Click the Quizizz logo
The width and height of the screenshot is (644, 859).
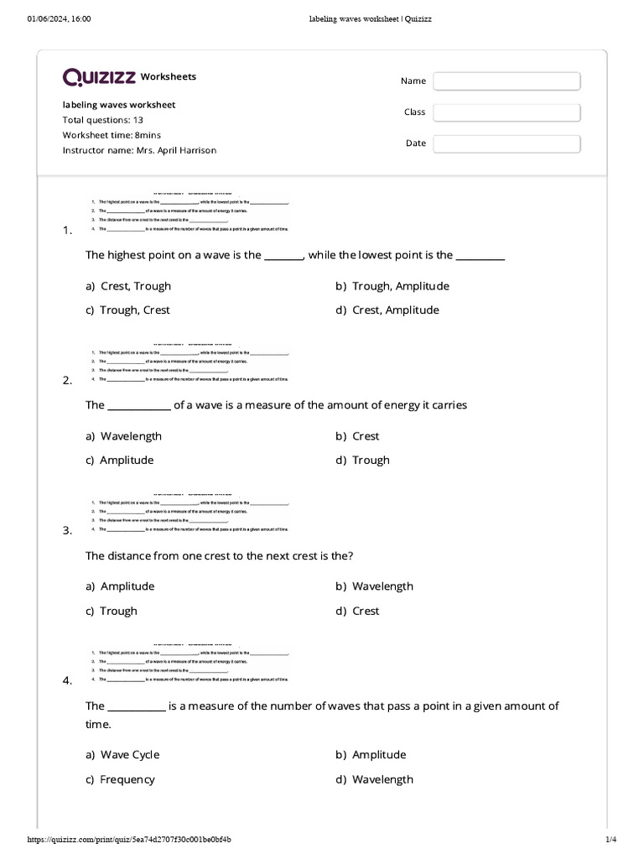[x=99, y=77]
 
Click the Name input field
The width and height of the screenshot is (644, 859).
[x=506, y=81]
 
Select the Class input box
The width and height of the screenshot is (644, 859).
[x=506, y=112]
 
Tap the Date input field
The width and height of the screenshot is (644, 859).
[x=506, y=143]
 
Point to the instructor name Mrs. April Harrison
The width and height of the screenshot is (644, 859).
[x=139, y=150]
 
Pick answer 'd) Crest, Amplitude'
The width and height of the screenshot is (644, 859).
[x=387, y=310]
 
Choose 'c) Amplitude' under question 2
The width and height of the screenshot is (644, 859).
[x=120, y=461]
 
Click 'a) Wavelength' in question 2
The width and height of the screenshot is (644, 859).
[x=123, y=436]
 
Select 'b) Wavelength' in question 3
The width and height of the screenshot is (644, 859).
[x=375, y=586]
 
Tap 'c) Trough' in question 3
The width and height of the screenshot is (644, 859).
[x=112, y=612]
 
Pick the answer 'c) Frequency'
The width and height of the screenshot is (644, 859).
[x=120, y=779]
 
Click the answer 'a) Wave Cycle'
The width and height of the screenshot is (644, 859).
[x=122, y=755]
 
